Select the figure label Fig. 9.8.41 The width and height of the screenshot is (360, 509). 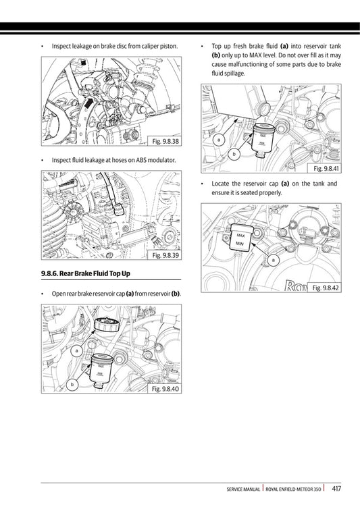coord(324,168)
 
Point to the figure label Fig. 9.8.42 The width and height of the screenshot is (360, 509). coord(324,288)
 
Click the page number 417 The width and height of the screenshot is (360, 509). coord(336,488)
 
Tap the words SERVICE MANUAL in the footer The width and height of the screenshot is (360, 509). coord(245,489)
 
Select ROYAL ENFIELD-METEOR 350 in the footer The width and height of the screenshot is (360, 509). coord(294,489)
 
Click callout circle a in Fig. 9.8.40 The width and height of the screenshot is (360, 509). coord(77,351)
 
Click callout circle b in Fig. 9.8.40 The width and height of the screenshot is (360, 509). coord(72,384)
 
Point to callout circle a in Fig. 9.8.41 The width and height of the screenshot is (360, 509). coord(220,140)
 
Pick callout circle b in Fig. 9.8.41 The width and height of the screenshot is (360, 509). coord(234,155)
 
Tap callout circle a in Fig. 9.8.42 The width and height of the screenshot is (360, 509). coord(273,259)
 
